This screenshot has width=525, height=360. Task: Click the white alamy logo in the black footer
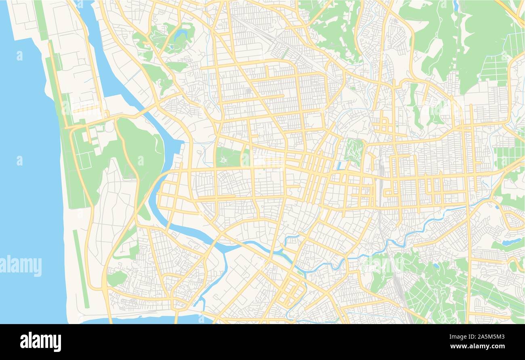click(40, 341)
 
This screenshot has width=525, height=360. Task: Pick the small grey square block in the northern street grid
click(249, 91)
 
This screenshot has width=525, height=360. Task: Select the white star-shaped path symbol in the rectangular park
click(223, 160)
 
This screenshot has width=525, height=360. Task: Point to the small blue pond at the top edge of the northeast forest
click(456, 5)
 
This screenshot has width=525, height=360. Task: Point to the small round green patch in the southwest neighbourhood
click(116, 278)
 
